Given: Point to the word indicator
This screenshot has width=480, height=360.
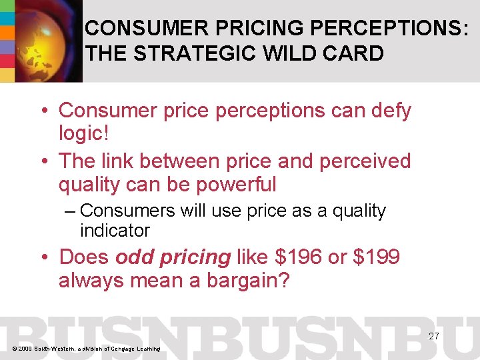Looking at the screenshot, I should (115, 231).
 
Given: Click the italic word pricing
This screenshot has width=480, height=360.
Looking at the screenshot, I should (193, 258).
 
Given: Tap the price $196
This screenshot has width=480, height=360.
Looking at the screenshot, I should (297, 257).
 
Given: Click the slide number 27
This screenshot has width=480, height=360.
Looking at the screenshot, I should (433, 336).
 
